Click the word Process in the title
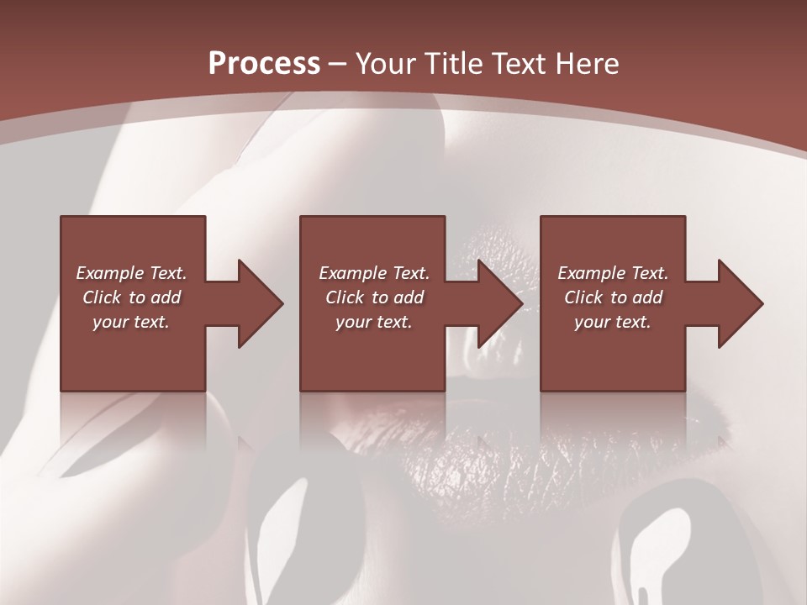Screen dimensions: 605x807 pos(264,64)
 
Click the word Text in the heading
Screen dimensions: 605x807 pos(519,64)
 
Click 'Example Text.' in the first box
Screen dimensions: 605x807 pos(132,273)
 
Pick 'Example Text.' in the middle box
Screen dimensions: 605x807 pos(374,273)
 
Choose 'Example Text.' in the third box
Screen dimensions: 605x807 pos(613,273)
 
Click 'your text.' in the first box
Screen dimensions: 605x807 pos(131,322)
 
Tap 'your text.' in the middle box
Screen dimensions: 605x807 pos(373,322)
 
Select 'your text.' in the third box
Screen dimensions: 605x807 pos(613,322)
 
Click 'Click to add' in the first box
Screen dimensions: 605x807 pos(132,297)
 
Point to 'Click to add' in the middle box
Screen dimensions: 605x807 pos(374,297)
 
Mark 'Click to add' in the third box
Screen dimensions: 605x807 pos(614,297)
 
